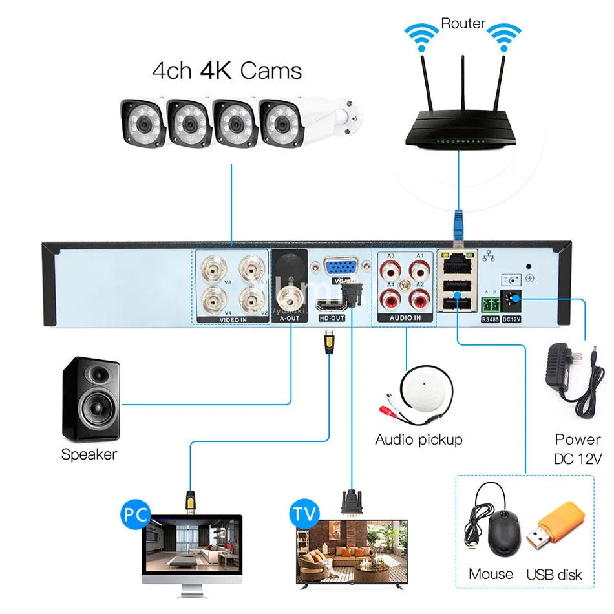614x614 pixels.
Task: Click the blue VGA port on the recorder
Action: point(338,268)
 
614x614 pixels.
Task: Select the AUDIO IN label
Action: point(404,318)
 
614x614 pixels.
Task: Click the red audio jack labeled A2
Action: point(418,298)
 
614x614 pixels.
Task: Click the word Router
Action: point(463,23)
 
